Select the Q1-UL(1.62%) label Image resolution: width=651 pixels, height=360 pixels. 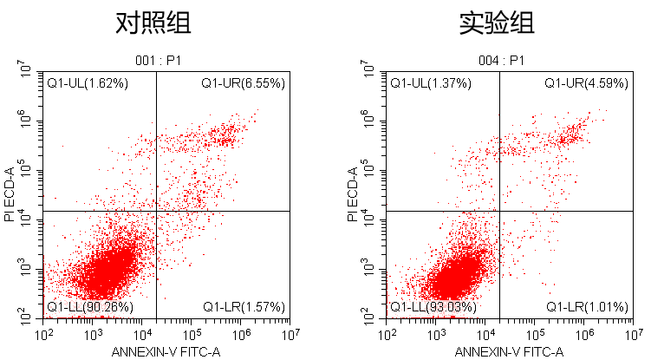click(88, 83)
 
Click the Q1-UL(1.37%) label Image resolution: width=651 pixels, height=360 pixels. click(431, 83)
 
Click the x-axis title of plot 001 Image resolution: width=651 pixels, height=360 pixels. click(167, 352)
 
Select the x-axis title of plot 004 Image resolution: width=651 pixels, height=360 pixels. click(511, 352)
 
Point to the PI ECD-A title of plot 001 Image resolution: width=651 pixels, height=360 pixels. click(10, 195)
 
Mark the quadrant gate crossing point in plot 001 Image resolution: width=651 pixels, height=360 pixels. click(156, 211)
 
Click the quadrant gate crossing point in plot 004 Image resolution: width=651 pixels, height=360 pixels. click(499, 211)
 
